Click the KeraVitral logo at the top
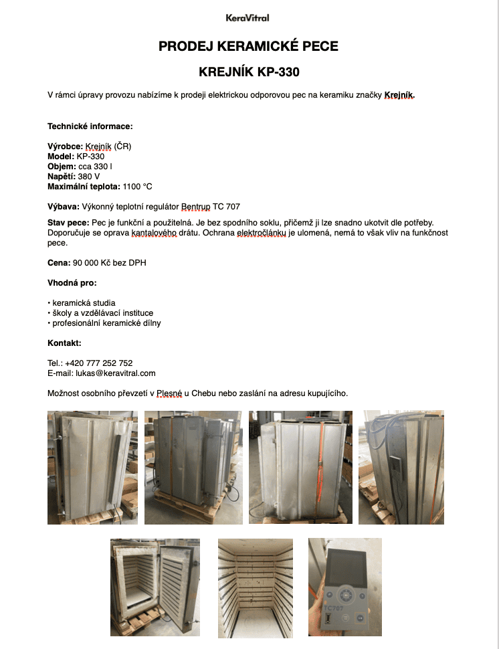pyautogui.click(x=247, y=18)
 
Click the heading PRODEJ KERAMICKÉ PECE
pyautogui.click(x=248, y=46)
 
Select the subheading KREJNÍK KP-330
pyautogui.click(x=248, y=72)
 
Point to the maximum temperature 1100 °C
pyautogui.click(x=138, y=186)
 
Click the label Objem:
pyautogui.click(x=62, y=166)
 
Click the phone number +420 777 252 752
pyautogui.click(x=98, y=363)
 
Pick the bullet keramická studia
pyautogui.click(x=83, y=303)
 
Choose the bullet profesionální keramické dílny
pyautogui.click(x=106, y=323)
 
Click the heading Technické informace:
pyautogui.click(x=90, y=126)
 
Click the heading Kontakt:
pyautogui.click(x=64, y=343)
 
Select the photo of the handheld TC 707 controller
pyautogui.click(x=344, y=587)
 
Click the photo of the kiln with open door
pyautogui.click(x=155, y=587)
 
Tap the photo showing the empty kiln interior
pyautogui.click(x=256, y=587)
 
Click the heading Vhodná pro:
pyautogui.click(x=72, y=283)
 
